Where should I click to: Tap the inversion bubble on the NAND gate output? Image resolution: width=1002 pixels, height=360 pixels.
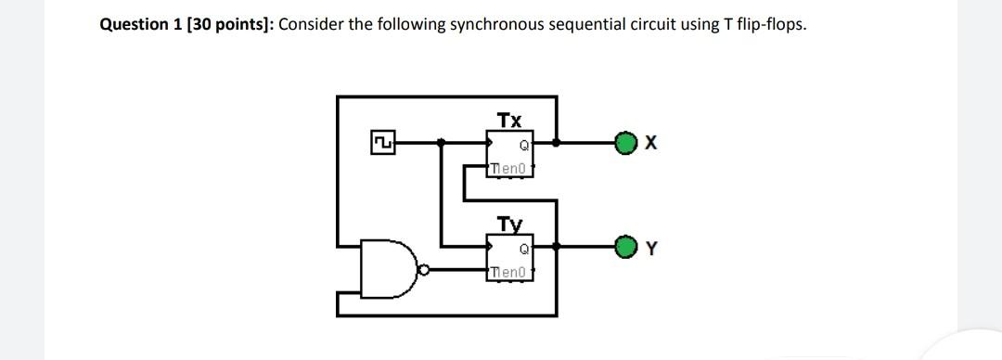pos(423,272)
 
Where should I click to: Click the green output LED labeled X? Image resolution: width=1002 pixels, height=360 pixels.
pos(628,143)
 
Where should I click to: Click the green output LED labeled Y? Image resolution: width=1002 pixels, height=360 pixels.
pos(628,248)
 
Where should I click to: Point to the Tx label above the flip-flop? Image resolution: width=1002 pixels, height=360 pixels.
pos(509,120)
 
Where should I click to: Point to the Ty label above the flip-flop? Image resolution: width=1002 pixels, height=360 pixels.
pos(509,224)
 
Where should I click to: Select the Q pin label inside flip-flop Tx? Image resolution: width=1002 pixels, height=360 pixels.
pos(524,145)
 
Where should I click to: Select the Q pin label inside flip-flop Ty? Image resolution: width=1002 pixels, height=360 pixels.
pos(524,249)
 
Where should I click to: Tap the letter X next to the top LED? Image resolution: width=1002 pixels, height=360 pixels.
pos(651,144)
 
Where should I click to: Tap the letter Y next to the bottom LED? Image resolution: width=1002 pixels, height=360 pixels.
pos(651,249)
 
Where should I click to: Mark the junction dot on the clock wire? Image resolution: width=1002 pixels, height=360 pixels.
pos(442,143)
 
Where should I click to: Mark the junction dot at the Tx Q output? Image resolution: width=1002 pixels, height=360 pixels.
pos(556,143)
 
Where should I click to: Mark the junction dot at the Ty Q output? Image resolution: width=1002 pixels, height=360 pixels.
pos(556,247)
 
